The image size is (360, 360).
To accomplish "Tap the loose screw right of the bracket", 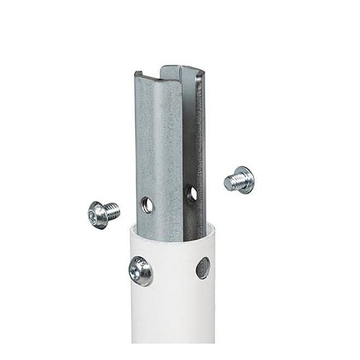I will pos(239,179).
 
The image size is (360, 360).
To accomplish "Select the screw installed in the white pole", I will pos(140,271).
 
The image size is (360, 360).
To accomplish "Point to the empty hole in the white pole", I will pos(203,268).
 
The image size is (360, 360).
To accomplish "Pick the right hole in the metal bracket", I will pos(191,193).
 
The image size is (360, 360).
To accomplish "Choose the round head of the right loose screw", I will pos(246,179).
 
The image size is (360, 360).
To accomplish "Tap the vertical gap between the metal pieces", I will pos(186,144).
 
